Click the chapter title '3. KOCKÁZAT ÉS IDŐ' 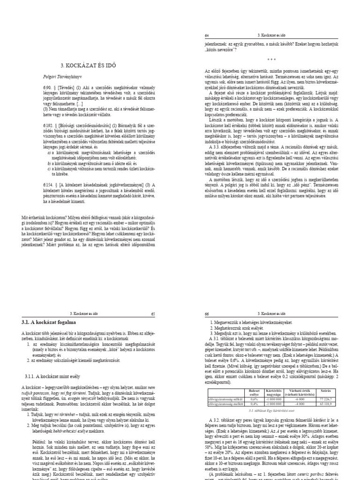pos(89,65)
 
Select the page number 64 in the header pos(207,35)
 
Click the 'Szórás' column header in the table pos(324,390)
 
